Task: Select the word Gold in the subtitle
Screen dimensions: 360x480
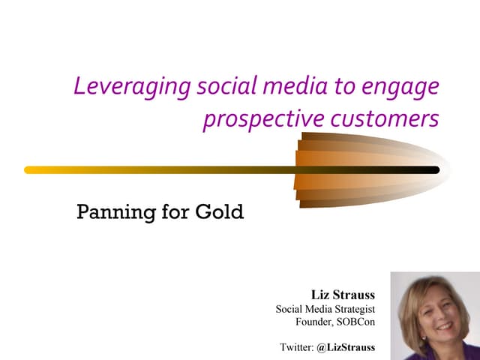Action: click(220, 211)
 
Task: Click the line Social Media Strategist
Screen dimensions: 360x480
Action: click(325, 309)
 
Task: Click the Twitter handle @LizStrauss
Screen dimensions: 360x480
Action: click(346, 347)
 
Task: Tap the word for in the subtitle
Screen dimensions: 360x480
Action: click(171, 211)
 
